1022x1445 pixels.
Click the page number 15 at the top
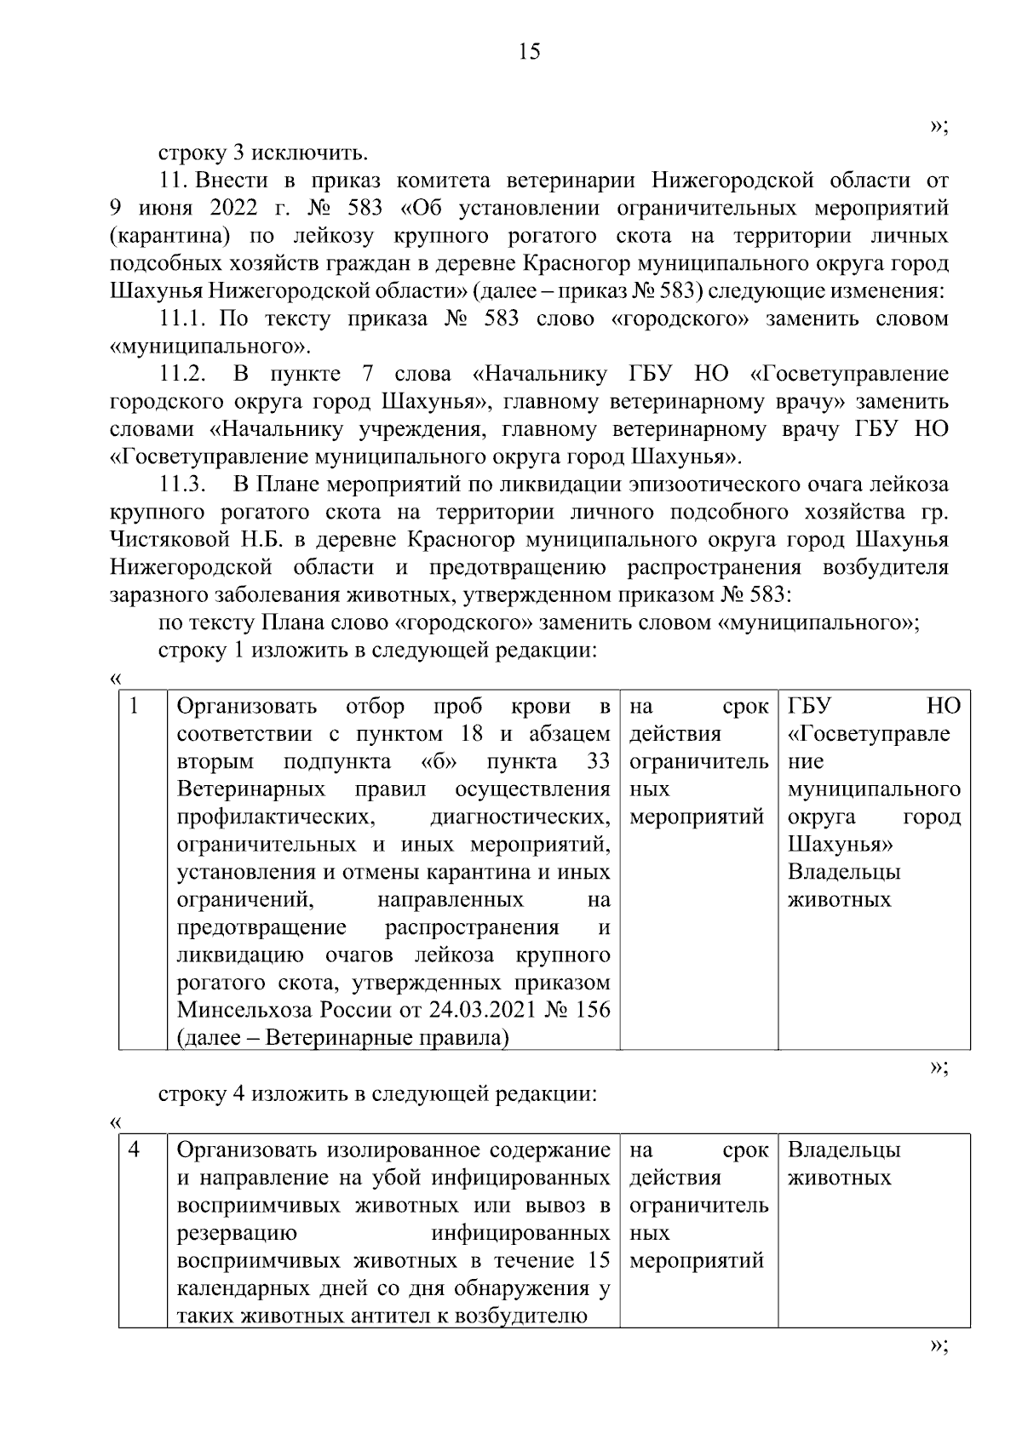coord(528,53)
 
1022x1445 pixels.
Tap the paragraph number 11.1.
coord(182,319)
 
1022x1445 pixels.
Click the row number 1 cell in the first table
coord(135,706)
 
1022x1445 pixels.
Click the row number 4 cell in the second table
coord(135,1150)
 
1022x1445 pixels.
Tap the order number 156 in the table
coord(593,1011)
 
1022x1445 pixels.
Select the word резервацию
coord(237,1234)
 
